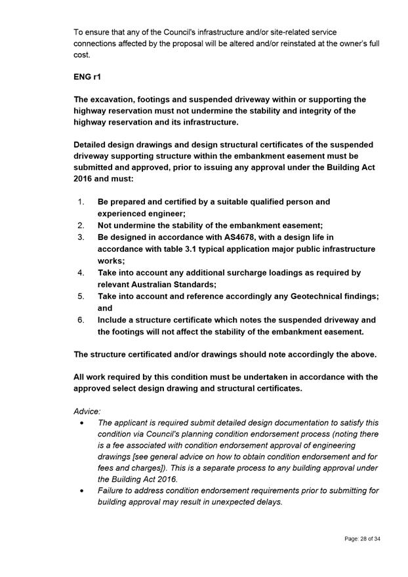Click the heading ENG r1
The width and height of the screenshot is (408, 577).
pos(87,77)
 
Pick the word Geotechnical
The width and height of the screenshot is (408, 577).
pos(300,296)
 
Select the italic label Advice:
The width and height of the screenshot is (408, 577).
pos(87,412)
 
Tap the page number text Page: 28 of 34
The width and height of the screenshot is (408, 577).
pos(362,539)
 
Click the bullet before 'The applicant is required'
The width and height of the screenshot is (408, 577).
pos(81,424)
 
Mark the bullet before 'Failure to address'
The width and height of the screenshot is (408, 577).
pos(81,490)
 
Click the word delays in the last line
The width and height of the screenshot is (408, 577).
pos(267,502)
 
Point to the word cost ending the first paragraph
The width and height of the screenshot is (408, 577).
pos(82,55)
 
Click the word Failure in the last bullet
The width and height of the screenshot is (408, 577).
pos(113,490)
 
